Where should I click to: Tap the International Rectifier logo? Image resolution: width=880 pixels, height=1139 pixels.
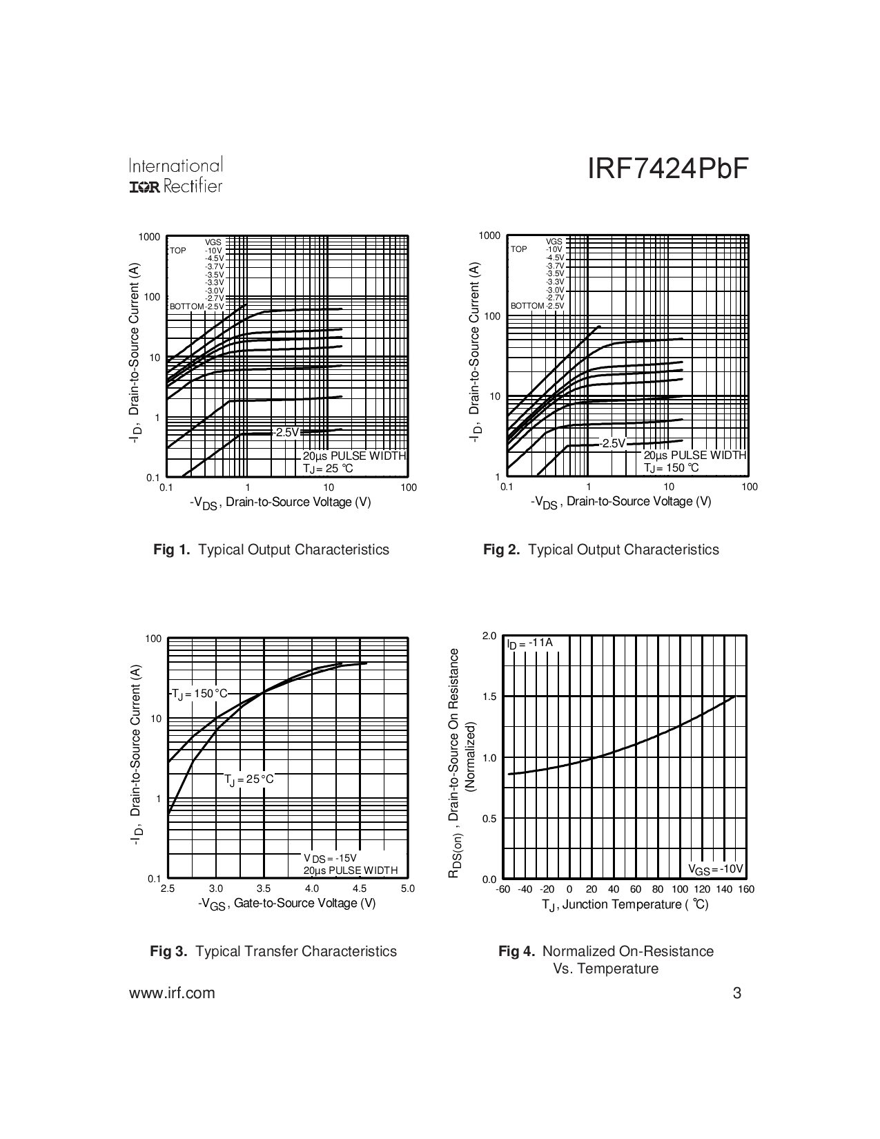click(175, 176)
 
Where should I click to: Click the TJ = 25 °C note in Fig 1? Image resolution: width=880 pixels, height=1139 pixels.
click(328, 469)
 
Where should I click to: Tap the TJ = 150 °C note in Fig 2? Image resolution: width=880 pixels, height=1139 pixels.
click(671, 468)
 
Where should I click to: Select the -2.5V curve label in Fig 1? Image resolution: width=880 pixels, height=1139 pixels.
click(286, 432)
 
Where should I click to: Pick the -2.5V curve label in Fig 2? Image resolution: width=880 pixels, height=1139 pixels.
click(612, 443)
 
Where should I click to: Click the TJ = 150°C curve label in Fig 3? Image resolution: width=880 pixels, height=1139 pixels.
click(199, 694)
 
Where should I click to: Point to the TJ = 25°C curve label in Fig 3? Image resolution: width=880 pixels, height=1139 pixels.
click(249, 779)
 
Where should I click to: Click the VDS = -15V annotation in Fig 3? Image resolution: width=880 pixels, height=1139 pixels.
click(330, 858)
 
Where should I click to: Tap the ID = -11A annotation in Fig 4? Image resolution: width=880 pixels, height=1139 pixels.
click(529, 643)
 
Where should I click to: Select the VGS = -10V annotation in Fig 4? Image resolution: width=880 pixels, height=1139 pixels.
click(716, 869)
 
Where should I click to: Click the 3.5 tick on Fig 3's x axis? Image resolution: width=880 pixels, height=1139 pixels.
click(264, 888)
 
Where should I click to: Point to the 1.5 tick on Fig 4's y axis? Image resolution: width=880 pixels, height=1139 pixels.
click(489, 697)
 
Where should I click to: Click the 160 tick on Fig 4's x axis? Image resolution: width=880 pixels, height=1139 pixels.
click(746, 889)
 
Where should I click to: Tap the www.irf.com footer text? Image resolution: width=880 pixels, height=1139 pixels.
click(172, 993)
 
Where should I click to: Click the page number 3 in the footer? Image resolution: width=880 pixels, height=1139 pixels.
click(737, 993)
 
